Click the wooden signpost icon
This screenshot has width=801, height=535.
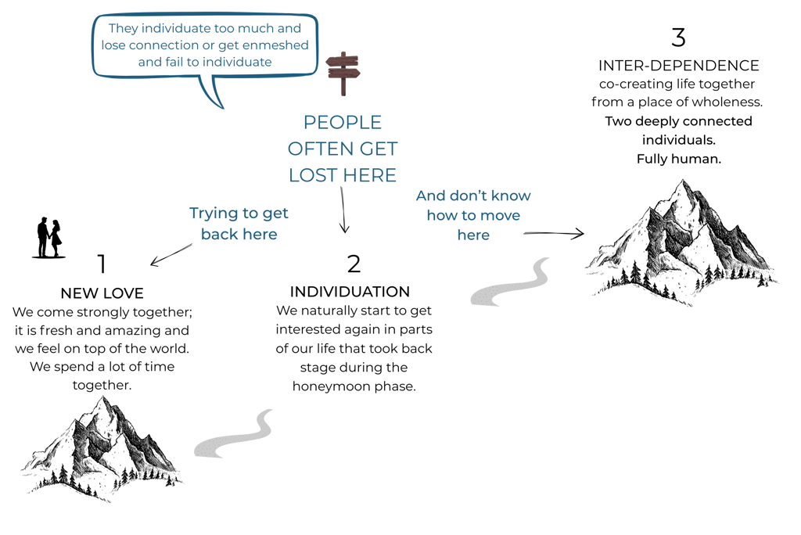click(x=343, y=73)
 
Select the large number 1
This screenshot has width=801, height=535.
click(x=102, y=264)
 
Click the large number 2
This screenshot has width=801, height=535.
click(x=354, y=264)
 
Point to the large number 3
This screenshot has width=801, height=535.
click(x=678, y=38)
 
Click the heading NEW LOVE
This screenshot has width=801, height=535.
click(x=102, y=293)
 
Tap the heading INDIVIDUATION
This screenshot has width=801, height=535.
click(x=350, y=292)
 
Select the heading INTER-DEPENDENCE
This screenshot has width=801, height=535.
click(x=678, y=65)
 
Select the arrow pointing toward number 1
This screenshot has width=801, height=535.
click(x=171, y=254)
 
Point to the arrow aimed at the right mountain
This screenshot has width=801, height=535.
click(x=554, y=232)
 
